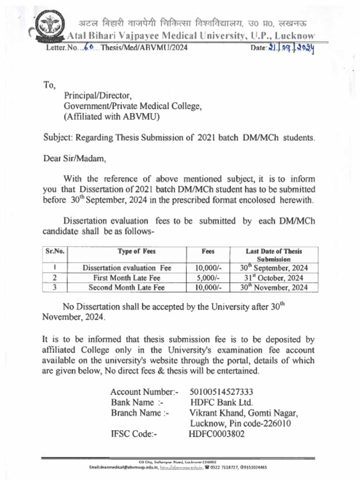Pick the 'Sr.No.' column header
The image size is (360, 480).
coord(55,251)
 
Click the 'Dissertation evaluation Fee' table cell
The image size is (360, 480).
coord(127,268)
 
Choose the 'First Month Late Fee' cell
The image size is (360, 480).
coord(127,278)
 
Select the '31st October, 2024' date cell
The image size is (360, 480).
coord(274,278)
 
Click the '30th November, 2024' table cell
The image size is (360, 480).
coord(274,287)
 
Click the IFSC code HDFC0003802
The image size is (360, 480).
coord(217,434)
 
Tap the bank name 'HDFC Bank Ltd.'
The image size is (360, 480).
coord(221,402)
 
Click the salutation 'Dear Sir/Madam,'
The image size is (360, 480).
coord(75,158)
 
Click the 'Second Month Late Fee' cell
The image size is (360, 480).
coord(127,287)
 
